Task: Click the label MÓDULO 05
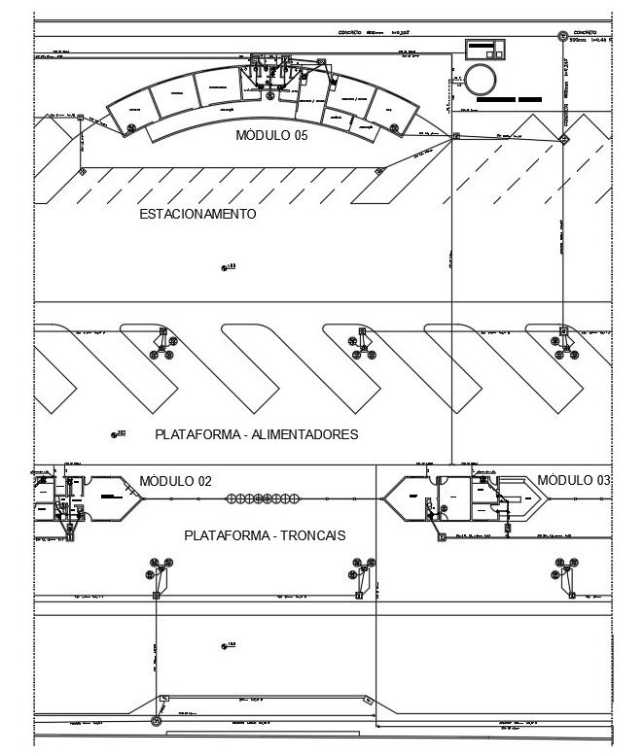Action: tap(271, 136)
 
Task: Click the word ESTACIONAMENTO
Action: tap(197, 214)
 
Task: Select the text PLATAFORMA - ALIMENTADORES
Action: tap(256, 434)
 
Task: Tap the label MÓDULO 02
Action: tap(175, 481)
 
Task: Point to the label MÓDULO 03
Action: tap(574, 480)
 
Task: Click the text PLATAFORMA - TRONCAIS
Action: tap(265, 535)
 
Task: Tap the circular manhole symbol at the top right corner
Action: tap(563, 37)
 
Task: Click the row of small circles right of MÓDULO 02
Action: tap(262, 499)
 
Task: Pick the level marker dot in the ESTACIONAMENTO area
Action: tap(224, 266)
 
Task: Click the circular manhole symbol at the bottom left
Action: tap(155, 722)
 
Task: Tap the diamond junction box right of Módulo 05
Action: tap(454, 137)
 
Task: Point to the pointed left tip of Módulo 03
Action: tap(383, 498)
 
